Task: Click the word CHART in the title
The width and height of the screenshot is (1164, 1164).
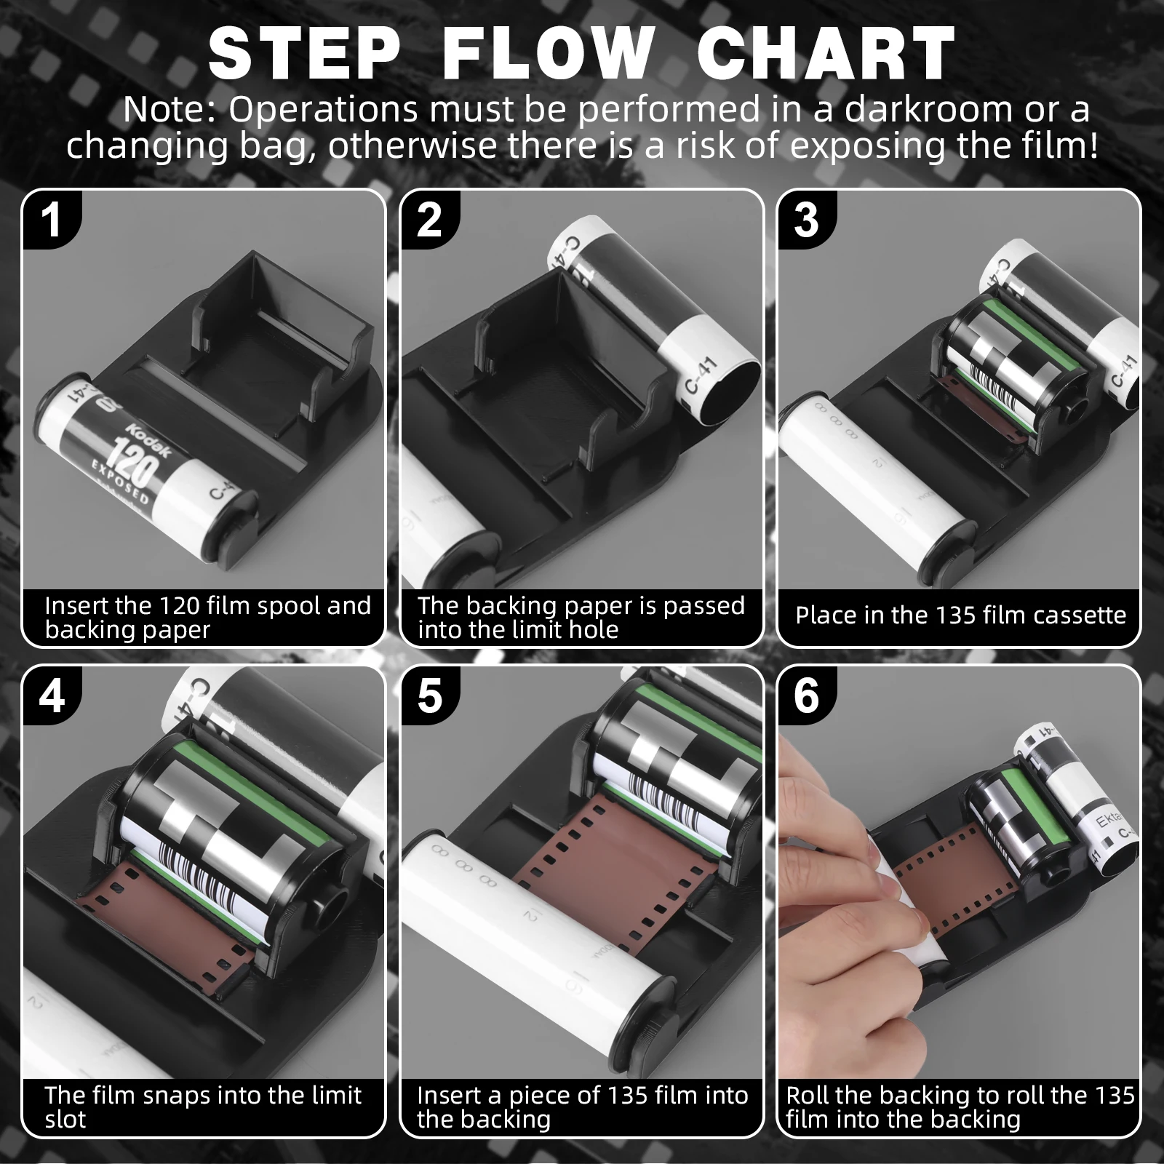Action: pos(826,53)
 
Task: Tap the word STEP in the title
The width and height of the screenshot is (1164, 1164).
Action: pos(305,53)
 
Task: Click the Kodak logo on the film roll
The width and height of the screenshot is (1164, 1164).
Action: pos(150,439)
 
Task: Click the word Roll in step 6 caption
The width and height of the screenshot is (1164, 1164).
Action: pos(808,1095)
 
